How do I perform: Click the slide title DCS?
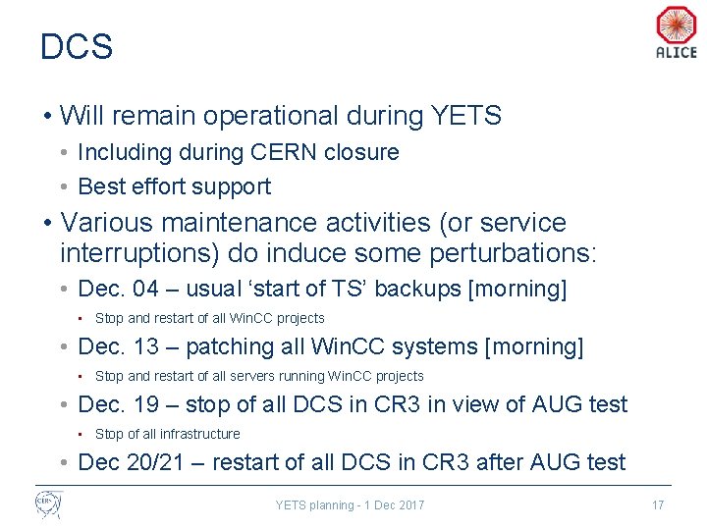(x=77, y=47)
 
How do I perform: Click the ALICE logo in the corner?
(x=676, y=32)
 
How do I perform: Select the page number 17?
(x=658, y=504)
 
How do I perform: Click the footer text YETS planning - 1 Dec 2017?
(x=350, y=504)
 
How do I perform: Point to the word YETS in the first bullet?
(x=465, y=116)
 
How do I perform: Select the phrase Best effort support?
(x=174, y=186)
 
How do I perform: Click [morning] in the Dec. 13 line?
(x=536, y=346)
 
